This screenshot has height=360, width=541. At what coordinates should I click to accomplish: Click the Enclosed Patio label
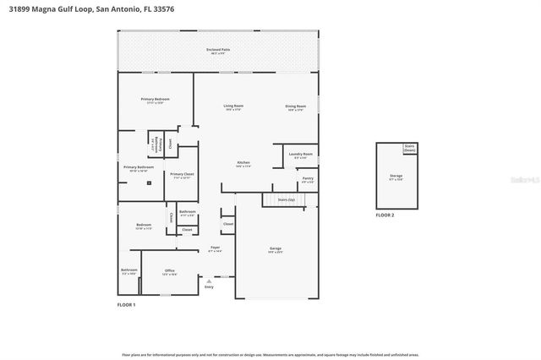coord(218,51)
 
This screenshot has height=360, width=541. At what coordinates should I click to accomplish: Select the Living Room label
coord(233,107)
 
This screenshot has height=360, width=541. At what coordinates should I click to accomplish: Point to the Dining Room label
coord(296,107)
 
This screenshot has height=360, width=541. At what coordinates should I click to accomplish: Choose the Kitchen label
coord(243,163)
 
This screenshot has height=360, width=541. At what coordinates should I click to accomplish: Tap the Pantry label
coord(308,179)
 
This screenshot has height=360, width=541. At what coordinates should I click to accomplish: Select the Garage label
coord(275,249)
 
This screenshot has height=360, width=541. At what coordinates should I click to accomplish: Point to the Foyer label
coord(216,248)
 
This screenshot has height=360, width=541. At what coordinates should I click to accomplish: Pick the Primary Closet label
coord(182,175)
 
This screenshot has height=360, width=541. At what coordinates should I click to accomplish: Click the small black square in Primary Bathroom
coord(150,182)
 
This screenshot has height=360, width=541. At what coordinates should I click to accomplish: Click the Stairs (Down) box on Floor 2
coord(410,148)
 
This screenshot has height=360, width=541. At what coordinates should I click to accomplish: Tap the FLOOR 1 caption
coord(126,304)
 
